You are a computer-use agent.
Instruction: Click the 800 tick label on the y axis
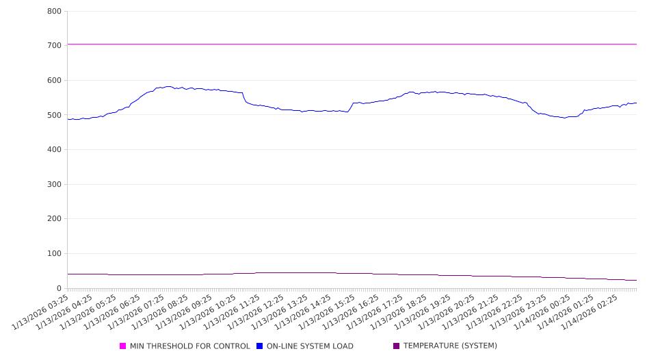55,12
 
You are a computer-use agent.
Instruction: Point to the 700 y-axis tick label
55,46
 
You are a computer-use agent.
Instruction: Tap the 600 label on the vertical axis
55,81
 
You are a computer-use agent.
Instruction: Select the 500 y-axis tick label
55,115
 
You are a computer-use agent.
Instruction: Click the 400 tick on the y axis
55,150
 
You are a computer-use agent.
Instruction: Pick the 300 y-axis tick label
55,185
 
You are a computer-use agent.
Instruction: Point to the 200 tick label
55,219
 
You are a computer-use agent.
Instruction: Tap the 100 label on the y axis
55,254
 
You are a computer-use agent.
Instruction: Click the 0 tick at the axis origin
60,288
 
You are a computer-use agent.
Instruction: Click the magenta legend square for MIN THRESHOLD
123,346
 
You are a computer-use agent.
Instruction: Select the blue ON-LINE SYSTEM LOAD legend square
260,346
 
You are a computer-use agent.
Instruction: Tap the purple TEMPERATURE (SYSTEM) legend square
397,346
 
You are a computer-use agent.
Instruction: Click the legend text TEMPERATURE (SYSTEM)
450,346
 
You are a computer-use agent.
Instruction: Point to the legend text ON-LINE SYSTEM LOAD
310,346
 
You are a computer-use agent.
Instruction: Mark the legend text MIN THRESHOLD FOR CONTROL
189,346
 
